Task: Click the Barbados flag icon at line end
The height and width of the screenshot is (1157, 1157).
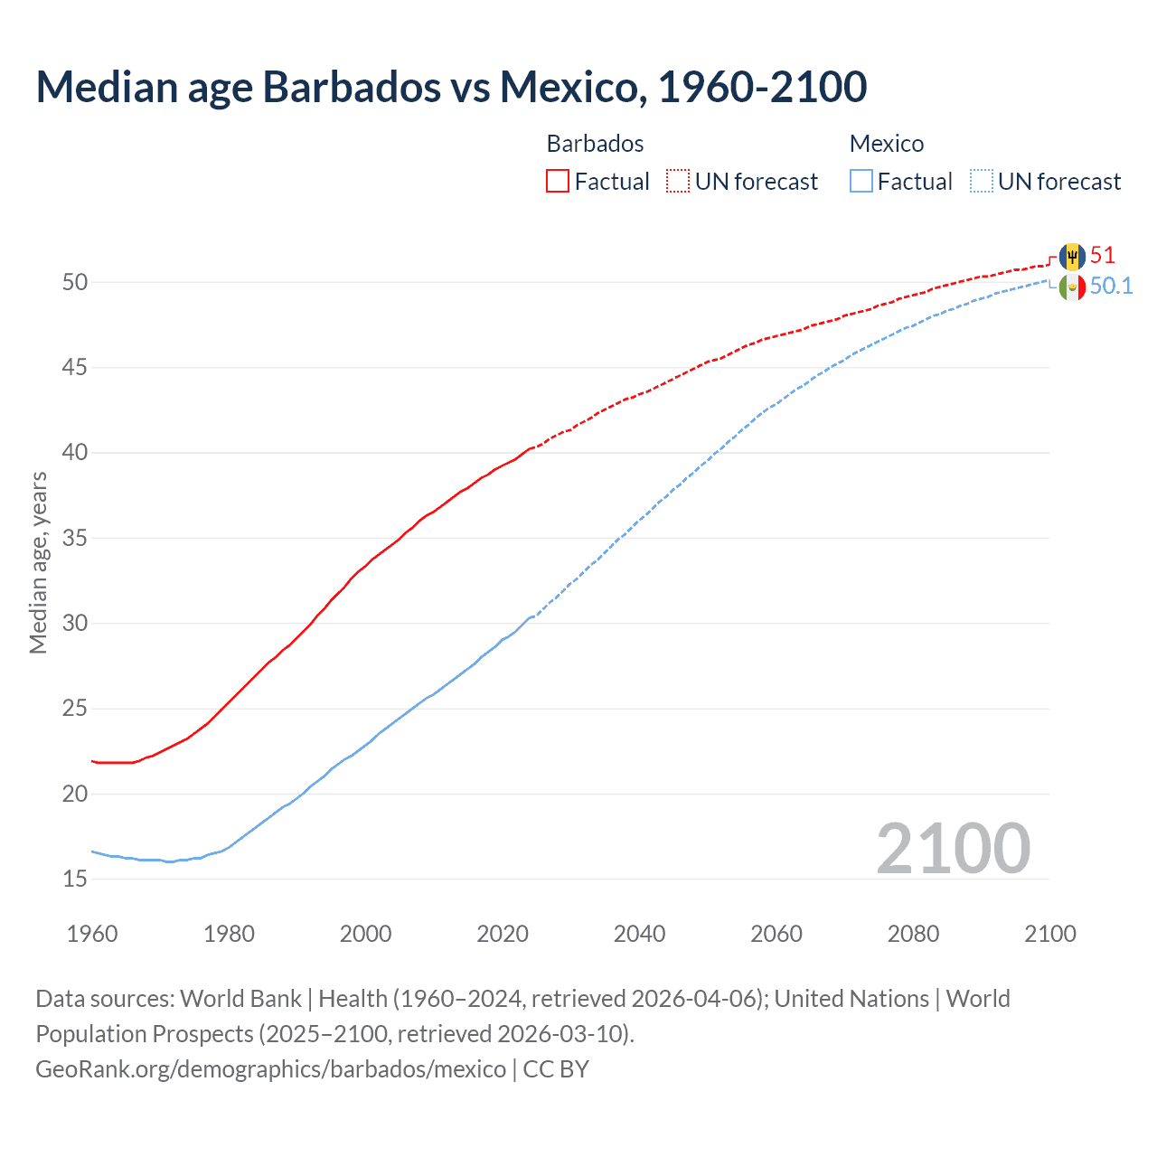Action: click(1072, 257)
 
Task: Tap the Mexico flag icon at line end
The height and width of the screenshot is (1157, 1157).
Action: click(1072, 287)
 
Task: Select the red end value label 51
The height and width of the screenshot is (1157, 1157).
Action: click(1103, 256)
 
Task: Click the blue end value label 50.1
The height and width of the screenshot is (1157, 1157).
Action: click(1111, 287)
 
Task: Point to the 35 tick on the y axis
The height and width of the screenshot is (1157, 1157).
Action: click(75, 539)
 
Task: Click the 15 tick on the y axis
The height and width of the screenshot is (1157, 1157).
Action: click(75, 880)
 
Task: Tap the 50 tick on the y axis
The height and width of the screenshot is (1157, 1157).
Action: click(75, 283)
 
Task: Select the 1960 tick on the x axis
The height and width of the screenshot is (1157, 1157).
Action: click(92, 934)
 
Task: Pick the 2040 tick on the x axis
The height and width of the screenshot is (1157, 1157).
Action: click(639, 934)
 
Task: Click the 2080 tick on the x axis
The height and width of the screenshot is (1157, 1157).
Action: click(913, 934)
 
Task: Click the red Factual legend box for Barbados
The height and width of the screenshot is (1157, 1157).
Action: click(558, 182)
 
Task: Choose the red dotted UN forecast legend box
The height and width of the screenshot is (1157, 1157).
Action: click(678, 182)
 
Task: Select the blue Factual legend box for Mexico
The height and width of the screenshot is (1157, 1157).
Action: click(861, 182)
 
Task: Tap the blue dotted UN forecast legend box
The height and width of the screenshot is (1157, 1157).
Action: click(982, 182)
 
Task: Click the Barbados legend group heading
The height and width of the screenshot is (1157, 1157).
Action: click(595, 144)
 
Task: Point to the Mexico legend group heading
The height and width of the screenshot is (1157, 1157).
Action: click(886, 144)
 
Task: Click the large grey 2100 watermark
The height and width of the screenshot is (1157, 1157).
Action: click(953, 849)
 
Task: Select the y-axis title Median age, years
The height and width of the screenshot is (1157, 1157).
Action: click(38, 562)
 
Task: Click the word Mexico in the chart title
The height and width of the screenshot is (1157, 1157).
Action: click(571, 87)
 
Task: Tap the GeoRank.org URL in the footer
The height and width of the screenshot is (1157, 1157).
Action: click(270, 1069)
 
